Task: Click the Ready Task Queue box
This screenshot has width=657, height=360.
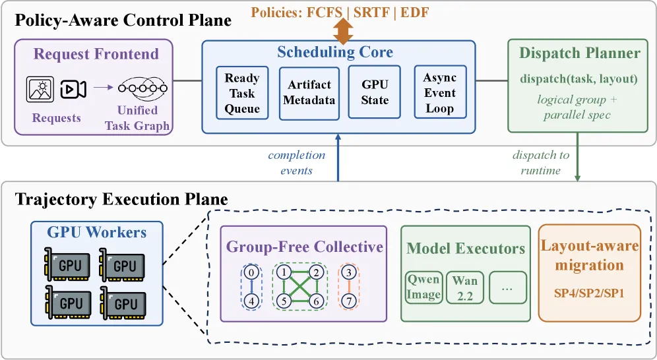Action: click(242, 93)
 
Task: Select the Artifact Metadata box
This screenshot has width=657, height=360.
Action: click(309, 94)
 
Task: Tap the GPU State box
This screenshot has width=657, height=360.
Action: click(375, 92)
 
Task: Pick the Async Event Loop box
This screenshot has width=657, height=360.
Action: click(440, 92)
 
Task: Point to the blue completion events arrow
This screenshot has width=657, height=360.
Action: click(338, 158)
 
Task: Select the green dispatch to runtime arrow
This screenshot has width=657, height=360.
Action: click(577, 157)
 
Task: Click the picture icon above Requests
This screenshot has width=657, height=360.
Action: click(40, 89)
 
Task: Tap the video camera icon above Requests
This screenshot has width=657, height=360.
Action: click(73, 89)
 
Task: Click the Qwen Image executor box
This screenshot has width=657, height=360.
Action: click(423, 287)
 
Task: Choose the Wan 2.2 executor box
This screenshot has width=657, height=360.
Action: click(465, 287)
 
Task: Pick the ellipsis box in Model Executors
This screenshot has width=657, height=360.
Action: click(507, 287)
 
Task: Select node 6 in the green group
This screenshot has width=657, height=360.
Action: click(316, 301)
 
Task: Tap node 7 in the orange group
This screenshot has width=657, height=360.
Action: click(349, 301)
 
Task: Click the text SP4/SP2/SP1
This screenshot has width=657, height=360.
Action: click(589, 293)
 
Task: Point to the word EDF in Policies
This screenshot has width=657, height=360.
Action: click(414, 12)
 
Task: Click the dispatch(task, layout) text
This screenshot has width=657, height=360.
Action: click(579, 78)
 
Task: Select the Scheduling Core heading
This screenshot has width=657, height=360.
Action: click(335, 52)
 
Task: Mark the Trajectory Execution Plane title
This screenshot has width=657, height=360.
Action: click(121, 199)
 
